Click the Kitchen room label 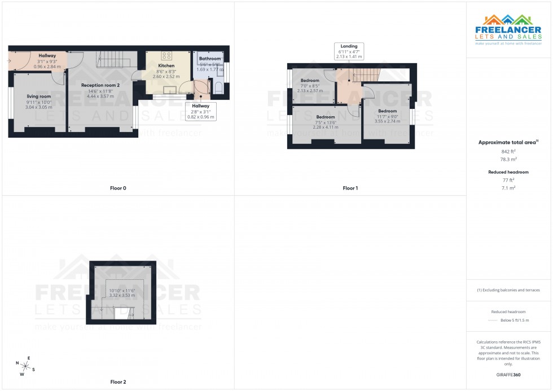tap(166, 65)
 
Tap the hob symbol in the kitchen tap(167, 55)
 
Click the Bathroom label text tap(210, 59)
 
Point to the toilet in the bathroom tap(218, 87)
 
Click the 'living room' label tap(38, 96)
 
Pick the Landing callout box tap(349, 51)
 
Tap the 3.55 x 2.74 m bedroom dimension tap(387, 121)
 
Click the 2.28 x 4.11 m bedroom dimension tap(325, 127)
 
